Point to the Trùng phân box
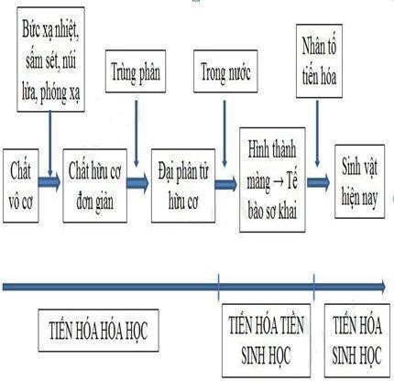[134, 70]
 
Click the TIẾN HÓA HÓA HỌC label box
[100, 327]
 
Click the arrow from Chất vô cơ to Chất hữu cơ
[49, 181]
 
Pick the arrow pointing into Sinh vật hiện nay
[318, 181]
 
